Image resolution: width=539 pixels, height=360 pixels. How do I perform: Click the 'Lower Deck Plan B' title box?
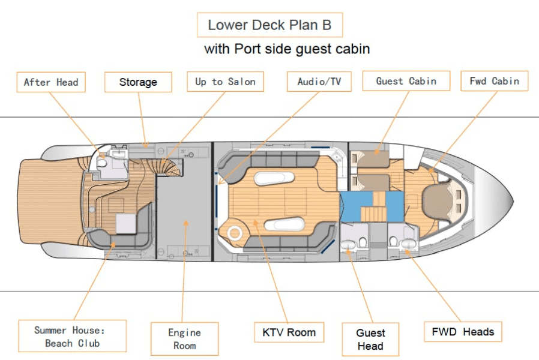tap(269, 25)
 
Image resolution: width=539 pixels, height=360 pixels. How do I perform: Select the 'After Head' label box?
tap(51, 82)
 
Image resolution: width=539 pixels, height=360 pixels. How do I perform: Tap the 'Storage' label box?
tap(138, 82)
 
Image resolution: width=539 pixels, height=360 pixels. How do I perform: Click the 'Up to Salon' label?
tap(225, 82)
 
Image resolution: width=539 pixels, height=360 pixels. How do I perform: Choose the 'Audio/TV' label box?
tap(319, 82)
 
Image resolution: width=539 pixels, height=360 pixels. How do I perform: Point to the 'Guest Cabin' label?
tap(406, 81)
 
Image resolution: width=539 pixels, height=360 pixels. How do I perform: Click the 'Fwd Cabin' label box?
tap(495, 81)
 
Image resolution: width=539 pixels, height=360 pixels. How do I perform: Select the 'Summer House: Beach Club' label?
tap(72, 336)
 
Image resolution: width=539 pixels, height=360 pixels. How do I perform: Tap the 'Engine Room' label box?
tap(184, 338)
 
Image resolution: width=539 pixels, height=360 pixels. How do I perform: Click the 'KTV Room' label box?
tap(289, 332)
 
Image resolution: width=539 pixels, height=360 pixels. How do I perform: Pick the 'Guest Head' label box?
tap(370, 340)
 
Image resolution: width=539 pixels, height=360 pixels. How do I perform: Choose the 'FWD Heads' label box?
tap(463, 331)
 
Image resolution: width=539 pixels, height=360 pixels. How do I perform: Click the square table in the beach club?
tap(127, 224)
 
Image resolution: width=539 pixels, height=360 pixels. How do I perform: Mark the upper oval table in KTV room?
tap(273, 179)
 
